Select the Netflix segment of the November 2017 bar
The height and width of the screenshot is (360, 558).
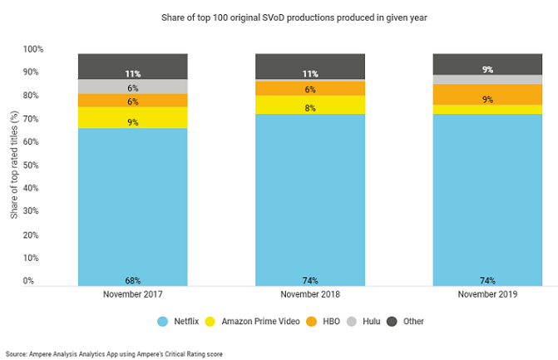pyautogui.click(x=132, y=200)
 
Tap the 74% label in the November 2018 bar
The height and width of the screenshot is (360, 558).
pyautogui.click(x=310, y=280)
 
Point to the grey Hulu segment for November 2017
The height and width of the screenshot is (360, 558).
pyautogui.click(x=132, y=86)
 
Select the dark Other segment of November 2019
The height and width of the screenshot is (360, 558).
pyautogui.click(x=486, y=64)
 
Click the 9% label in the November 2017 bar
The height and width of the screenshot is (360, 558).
pyautogui.click(x=132, y=122)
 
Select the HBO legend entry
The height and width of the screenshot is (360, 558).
pyautogui.click(x=329, y=321)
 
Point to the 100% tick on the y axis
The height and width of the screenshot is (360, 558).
pyautogui.click(x=56, y=50)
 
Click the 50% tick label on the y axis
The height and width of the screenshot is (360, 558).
pyautogui.click(x=57, y=165)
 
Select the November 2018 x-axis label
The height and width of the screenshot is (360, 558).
pyautogui.click(x=310, y=294)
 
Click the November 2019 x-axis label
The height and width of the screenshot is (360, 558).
pyautogui.click(x=486, y=294)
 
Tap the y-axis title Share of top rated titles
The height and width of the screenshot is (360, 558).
pyautogui.click(x=14, y=166)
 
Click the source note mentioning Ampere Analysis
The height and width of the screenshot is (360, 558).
pyautogui.click(x=114, y=353)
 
